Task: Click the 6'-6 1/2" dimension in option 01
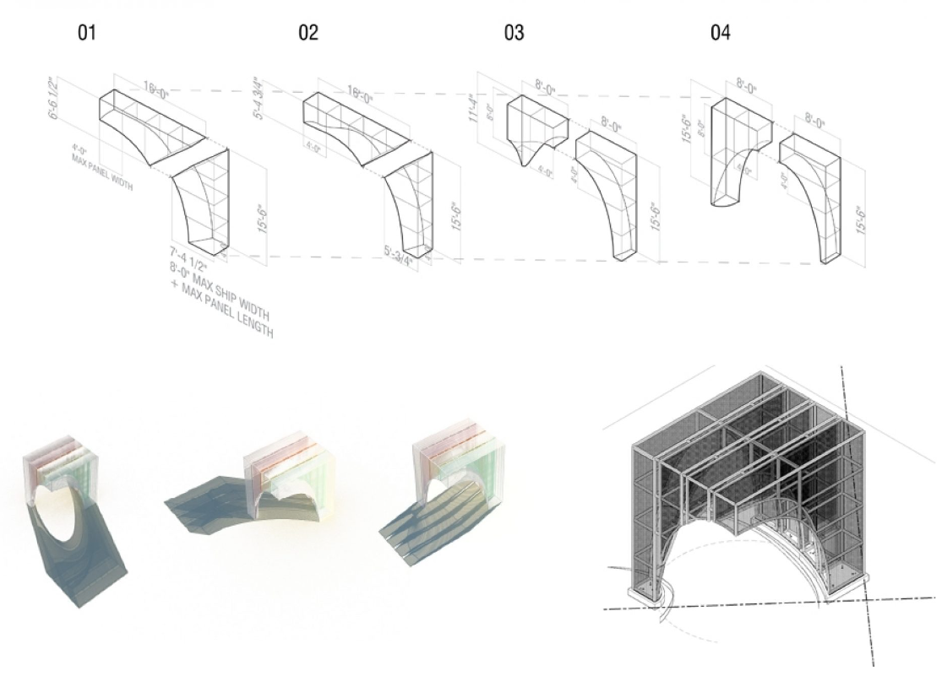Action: [54, 99]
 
